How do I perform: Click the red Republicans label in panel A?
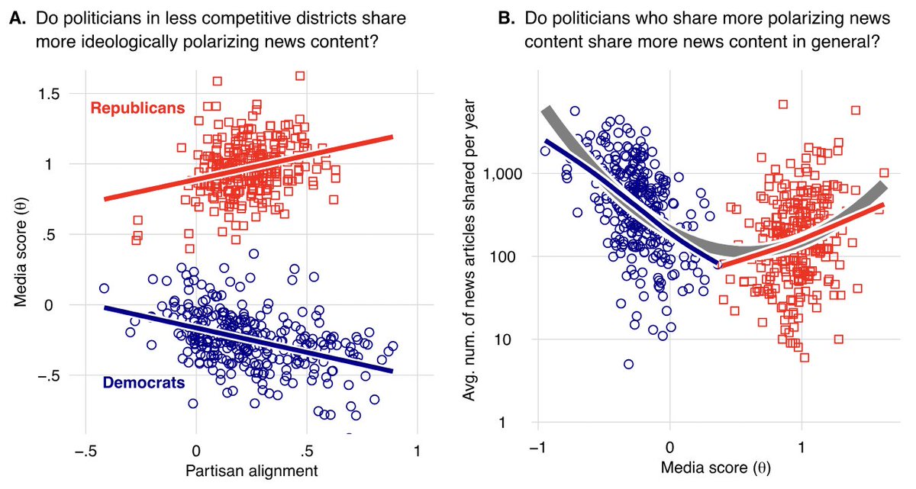pyautogui.click(x=138, y=108)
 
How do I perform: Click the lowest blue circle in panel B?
pyautogui.click(x=628, y=365)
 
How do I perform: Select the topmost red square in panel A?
pyautogui.click(x=300, y=76)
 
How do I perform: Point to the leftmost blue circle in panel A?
pyautogui.click(x=104, y=288)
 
